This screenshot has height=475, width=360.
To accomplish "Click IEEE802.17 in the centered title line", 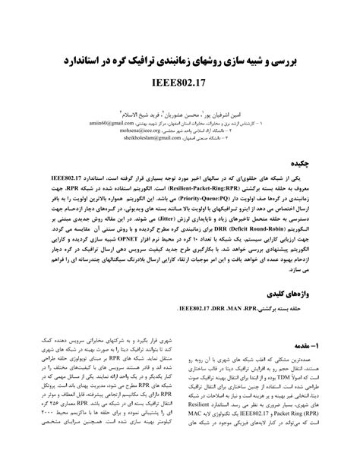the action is pyautogui.click(x=181, y=78).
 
